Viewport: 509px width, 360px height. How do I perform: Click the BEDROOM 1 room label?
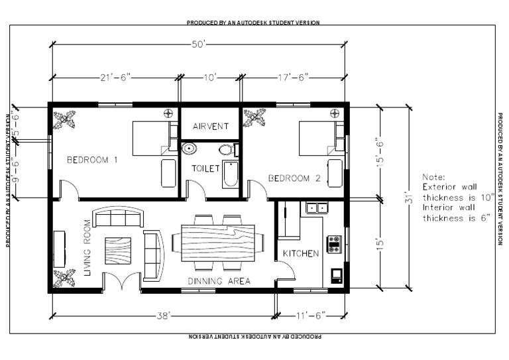(x=92, y=160)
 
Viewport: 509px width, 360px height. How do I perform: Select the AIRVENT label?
(x=211, y=126)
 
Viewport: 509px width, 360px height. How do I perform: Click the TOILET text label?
(x=205, y=168)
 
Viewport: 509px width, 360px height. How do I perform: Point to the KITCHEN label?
(x=301, y=253)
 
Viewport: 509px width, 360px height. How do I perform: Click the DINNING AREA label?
(x=219, y=281)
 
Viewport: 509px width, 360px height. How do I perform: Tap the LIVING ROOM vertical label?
(x=86, y=247)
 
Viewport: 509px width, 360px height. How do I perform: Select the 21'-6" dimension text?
(x=116, y=78)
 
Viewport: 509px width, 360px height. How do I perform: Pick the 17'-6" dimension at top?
(x=294, y=78)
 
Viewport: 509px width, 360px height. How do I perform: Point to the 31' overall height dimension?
(x=409, y=197)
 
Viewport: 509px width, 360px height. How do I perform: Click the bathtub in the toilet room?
(x=229, y=174)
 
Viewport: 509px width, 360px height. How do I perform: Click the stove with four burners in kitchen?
(x=335, y=245)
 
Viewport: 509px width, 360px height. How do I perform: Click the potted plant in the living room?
(x=64, y=278)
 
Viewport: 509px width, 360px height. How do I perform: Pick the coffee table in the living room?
(x=118, y=249)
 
